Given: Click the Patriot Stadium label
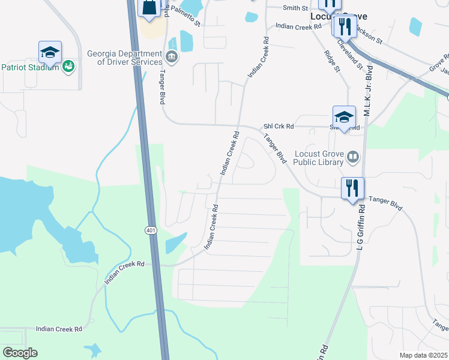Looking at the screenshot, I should tap(30, 67).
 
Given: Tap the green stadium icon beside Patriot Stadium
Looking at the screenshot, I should tap(68, 67).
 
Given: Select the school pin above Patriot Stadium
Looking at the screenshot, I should tap(50, 52).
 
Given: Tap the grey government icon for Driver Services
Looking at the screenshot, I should tap(172, 58).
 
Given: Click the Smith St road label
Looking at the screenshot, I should tap(296, 8).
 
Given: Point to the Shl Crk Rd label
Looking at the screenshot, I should tap(279, 127).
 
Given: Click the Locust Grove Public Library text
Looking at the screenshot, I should tap(319, 158).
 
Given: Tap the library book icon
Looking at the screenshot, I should tap(353, 158).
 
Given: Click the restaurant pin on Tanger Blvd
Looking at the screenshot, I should tap(352, 188).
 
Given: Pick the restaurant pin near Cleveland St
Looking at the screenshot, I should tap(344, 26).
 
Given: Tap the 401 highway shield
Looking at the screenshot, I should tap(150, 230).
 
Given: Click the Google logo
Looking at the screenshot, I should tap(20, 353).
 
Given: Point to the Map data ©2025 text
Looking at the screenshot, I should tap(423, 355).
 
